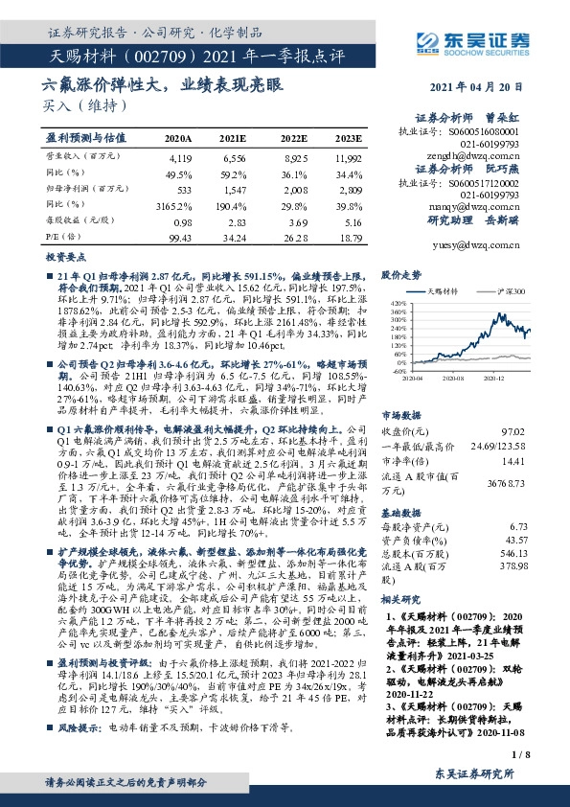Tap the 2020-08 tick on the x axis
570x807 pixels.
tap(452, 380)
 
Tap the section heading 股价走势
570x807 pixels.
tap(402, 273)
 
